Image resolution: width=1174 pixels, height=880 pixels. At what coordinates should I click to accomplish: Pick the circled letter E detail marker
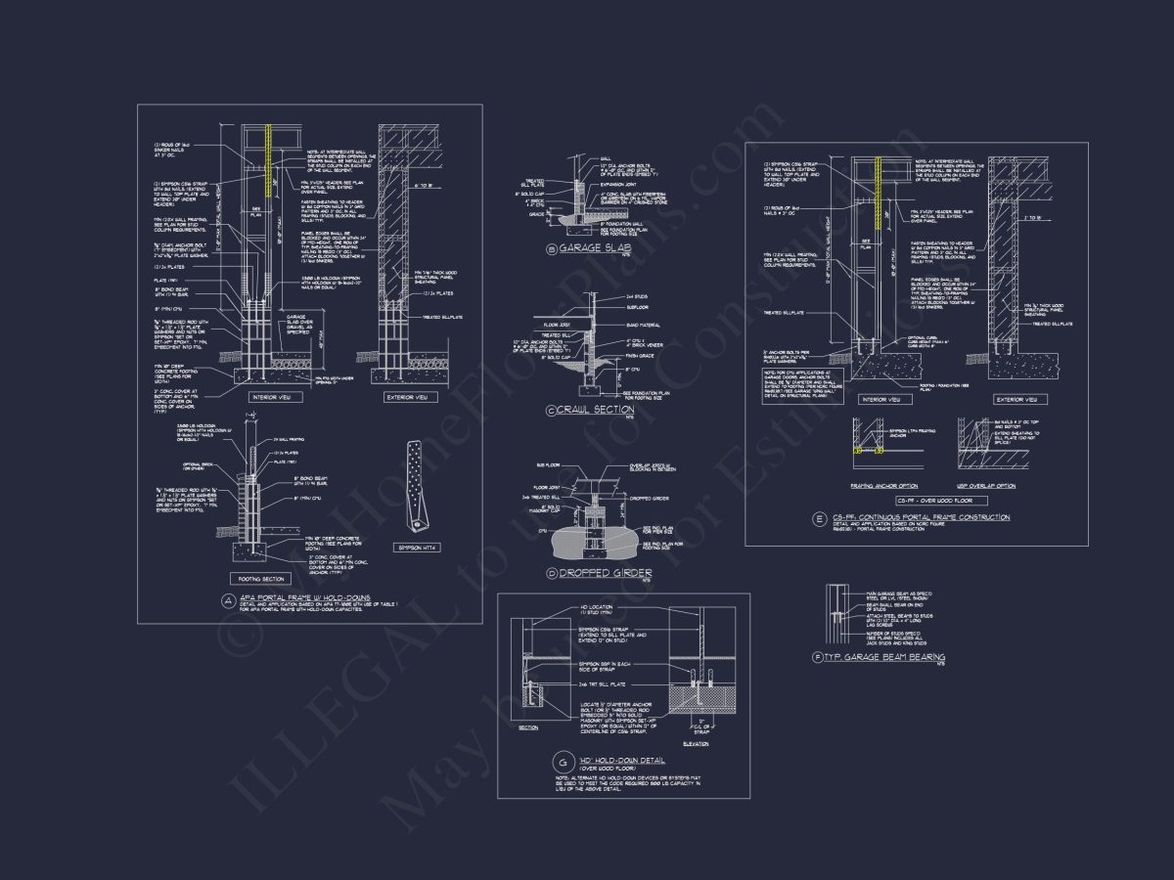point(818,518)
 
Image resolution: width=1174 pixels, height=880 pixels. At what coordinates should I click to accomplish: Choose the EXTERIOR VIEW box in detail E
point(1015,399)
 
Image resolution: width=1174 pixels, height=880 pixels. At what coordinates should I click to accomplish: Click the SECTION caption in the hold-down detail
point(528,727)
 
